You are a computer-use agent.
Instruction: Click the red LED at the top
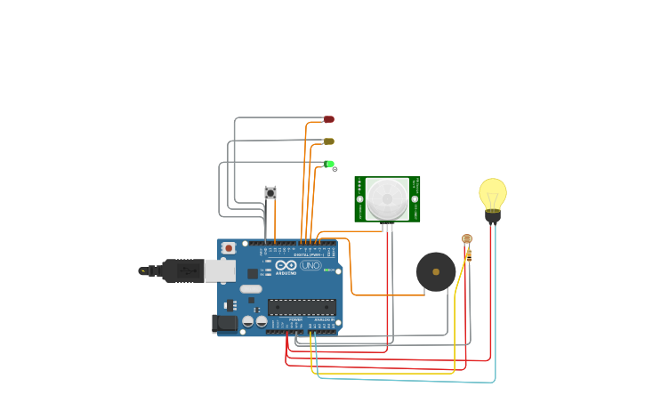tap(328, 119)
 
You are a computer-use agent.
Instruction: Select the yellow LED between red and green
tap(328, 141)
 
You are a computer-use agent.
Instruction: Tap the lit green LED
tap(329, 164)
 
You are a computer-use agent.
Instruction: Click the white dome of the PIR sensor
tap(387, 199)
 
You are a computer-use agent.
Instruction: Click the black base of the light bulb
tap(492, 215)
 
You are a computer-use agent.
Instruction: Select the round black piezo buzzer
tap(436, 271)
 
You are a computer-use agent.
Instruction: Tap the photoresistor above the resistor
tap(466, 238)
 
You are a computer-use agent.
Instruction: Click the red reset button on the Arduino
tap(229, 248)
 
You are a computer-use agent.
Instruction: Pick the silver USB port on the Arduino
tap(220, 270)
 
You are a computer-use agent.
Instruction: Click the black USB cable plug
tap(182, 270)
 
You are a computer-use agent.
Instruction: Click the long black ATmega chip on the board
tap(302, 307)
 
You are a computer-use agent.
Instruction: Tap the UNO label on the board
tap(310, 265)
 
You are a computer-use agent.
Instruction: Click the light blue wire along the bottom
tap(409, 381)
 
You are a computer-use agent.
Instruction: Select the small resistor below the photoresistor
tap(469, 255)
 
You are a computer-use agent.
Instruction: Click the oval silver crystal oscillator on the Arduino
tap(251, 289)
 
